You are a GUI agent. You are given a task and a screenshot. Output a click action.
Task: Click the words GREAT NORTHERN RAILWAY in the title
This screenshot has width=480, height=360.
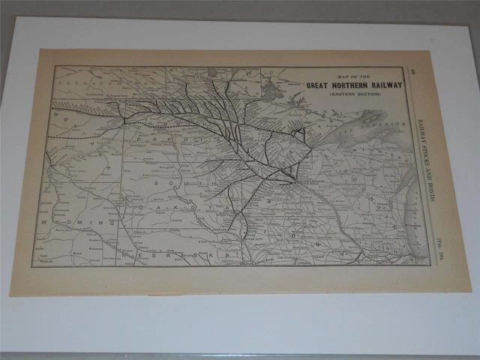pos(354,84)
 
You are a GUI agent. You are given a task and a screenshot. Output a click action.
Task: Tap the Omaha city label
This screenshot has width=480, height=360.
pos(244,260)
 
